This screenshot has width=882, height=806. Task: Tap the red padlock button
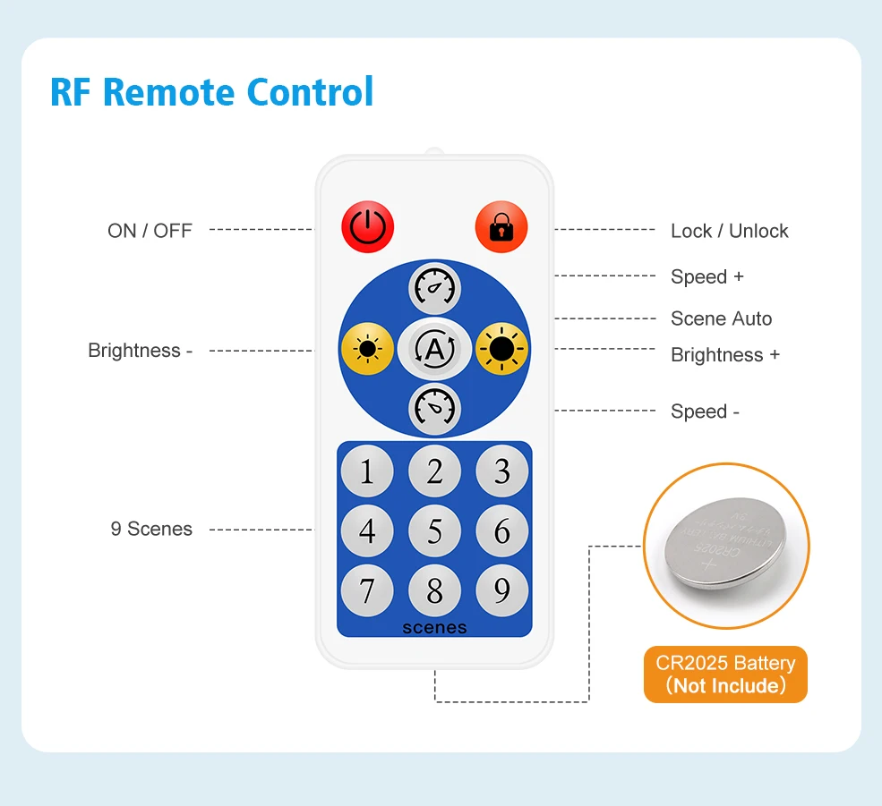click(x=501, y=227)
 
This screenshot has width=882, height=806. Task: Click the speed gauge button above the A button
click(x=434, y=288)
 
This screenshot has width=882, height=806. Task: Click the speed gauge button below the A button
click(x=434, y=408)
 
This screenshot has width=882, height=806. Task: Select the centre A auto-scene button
click(x=434, y=349)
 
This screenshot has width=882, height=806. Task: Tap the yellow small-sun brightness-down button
click(x=367, y=349)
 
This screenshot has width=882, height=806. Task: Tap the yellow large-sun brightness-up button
click(x=501, y=349)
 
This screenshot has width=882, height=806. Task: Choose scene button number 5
click(x=434, y=530)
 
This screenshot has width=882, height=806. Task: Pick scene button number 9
click(x=501, y=590)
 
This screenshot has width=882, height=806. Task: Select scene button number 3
click(x=501, y=471)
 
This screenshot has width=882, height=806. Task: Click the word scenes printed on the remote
click(x=434, y=627)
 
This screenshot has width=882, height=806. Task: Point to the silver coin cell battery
click(x=726, y=545)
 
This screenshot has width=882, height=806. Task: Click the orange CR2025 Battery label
click(x=725, y=674)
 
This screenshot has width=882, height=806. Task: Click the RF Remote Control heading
click(x=211, y=92)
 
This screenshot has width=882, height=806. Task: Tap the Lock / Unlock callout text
click(x=729, y=231)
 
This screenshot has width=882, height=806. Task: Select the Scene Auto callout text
click(x=721, y=318)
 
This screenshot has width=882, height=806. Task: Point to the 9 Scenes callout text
click(x=151, y=529)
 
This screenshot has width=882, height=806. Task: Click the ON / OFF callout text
click(x=150, y=231)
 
